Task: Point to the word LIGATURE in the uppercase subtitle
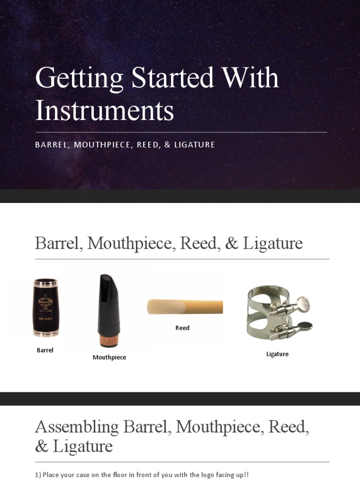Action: click(194, 145)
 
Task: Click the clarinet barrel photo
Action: click(45, 307)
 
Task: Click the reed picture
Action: click(185, 307)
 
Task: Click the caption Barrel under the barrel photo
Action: click(45, 350)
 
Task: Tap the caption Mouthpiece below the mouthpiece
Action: click(109, 358)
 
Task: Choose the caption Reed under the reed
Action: click(182, 328)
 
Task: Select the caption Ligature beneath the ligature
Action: click(277, 354)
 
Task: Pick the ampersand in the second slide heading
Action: click(232, 244)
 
